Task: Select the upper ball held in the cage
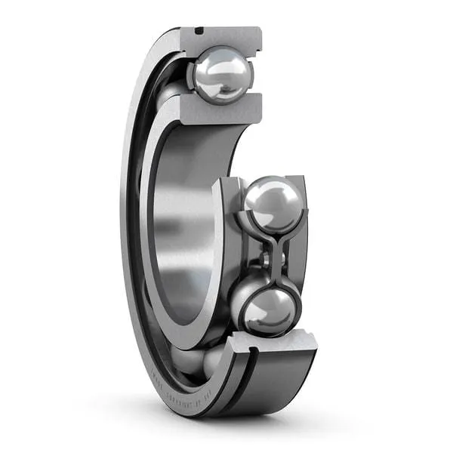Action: point(273,204)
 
